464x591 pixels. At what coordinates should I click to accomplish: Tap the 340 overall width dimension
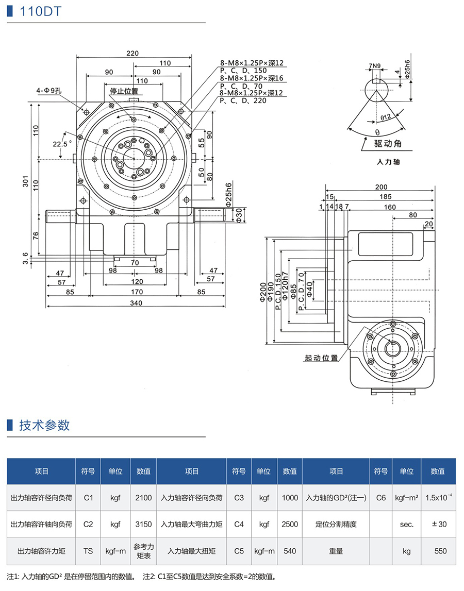click(136, 303)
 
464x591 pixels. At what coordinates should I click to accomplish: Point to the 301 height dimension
click(25, 178)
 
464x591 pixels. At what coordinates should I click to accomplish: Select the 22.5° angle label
click(60, 144)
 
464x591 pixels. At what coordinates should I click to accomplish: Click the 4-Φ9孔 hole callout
click(49, 91)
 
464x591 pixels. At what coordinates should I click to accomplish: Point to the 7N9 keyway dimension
click(375, 66)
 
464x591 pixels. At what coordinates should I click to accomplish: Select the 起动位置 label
click(321, 358)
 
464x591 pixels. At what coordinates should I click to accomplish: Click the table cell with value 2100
click(143, 498)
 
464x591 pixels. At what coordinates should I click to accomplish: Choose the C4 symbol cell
click(238, 524)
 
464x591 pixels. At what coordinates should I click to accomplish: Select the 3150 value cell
click(143, 524)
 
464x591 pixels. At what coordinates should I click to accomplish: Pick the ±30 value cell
click(439, 524)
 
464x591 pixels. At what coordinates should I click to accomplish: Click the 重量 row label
click(336, 551)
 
